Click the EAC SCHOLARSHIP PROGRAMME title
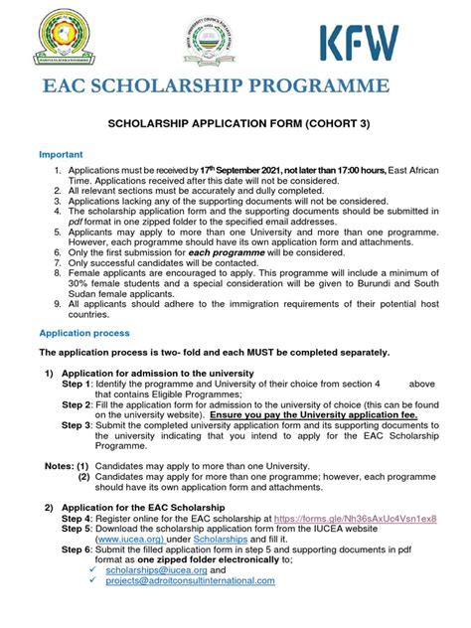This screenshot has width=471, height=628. point(216,86)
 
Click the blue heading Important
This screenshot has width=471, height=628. point(61,156)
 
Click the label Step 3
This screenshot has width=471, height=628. point(78,424)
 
